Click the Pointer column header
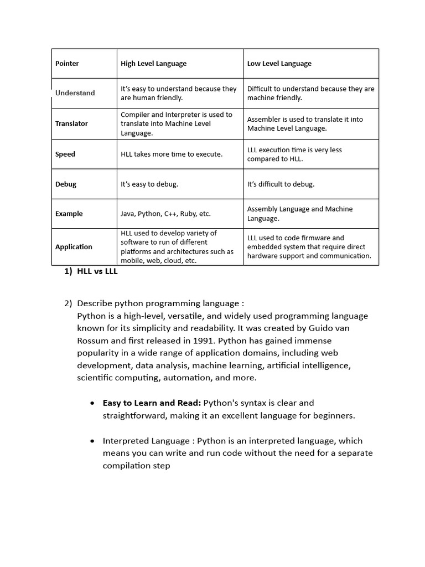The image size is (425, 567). pyautogui.click(x=67, y=64)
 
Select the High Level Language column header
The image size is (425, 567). pyautogui.click(x=153, y=64)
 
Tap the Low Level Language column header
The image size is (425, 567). pyautogui.click(x=279, y=64)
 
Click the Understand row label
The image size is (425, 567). pyautogui.click(x=75, y=93)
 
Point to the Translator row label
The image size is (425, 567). pyautogui.click(x=71, y=123)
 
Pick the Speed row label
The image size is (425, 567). pyautogui.click(x=65, y=154)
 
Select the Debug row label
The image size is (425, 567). pyautogui.click(x=66, y=184)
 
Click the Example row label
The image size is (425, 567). pyautogui.click(x=69, y=214)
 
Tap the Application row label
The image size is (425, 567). pyautogui.click(x=74, y=247)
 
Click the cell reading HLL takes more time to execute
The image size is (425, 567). pyautogui.click(x=172, y=154)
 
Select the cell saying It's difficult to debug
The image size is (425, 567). pyautogui.click(x=281, y=184)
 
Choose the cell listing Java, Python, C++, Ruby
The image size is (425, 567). pyautogui.click(x=165, y=214)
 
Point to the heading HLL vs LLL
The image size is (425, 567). pyautogui.click(x=97, y=272)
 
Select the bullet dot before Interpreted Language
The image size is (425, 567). pyautogui.click(x=92, y=441)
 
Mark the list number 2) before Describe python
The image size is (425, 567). pyautogui.click(x=68, y=303)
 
